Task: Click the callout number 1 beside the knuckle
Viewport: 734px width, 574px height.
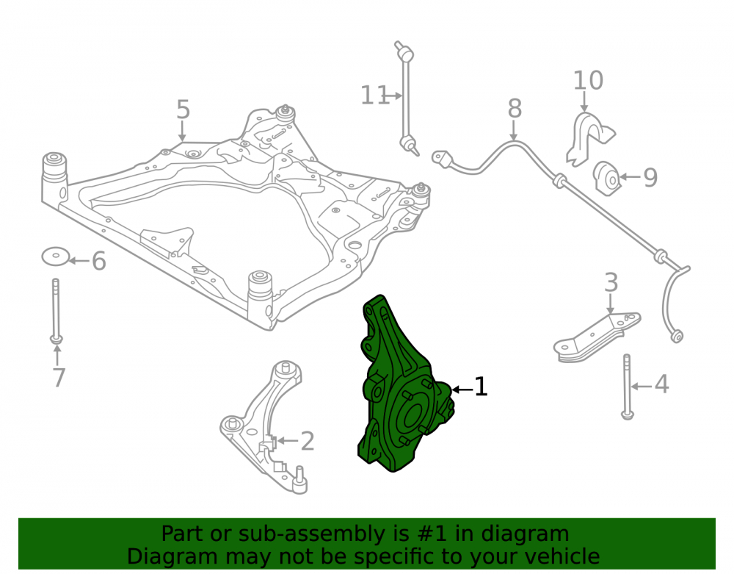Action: click(482, 387)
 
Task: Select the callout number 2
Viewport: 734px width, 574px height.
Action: click(307, 441)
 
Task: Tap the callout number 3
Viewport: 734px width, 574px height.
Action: click(611, 283)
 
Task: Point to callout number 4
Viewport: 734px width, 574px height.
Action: click(661, 384)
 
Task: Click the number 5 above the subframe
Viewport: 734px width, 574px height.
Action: click(183, 110)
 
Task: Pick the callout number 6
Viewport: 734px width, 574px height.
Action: click(99, 260)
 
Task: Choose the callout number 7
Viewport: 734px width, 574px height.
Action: click(59, 378)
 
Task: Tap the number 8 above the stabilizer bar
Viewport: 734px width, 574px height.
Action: click(515, 109)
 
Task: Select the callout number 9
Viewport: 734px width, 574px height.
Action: click(650, 177)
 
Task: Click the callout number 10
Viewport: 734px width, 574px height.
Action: click(589, 81)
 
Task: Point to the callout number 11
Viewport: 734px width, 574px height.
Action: click(374, 96)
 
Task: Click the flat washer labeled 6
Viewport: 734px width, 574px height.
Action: click(56, 256)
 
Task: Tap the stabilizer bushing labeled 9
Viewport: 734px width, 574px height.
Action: click(607, 178)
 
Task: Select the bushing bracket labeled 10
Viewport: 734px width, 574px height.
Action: click(589, 138)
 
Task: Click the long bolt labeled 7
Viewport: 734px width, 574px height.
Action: click(57, 311)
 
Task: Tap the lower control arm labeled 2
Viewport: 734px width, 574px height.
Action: click(264, 426)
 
